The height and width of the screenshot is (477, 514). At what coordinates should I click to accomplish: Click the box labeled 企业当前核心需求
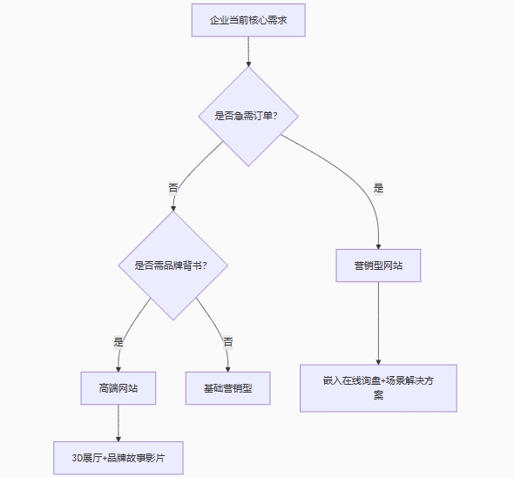point(248,20)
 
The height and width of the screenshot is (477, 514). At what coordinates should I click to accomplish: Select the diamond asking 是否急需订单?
point(248,117)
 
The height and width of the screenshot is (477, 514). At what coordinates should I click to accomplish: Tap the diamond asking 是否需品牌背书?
point(173,265)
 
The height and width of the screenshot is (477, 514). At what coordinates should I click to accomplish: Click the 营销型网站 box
point(378,265)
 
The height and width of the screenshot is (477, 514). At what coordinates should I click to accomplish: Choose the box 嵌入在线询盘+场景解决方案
point(378,388)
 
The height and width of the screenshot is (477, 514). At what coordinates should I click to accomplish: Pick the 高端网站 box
point(118,388)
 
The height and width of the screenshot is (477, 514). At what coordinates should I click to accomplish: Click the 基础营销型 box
point(228,388)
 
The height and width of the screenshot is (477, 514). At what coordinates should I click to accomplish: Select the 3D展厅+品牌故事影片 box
point(118,458)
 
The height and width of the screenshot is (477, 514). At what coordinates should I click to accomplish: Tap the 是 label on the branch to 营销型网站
point(378,188)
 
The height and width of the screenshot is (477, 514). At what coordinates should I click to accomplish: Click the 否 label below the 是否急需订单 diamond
point(173,188)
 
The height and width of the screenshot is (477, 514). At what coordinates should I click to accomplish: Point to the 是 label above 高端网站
point(118,342)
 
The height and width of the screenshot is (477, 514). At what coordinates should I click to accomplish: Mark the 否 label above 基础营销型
point(228,342)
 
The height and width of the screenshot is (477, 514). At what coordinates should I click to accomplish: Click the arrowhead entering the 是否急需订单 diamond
point(248,64)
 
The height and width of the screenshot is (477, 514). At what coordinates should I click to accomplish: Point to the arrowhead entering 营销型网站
point(378,246)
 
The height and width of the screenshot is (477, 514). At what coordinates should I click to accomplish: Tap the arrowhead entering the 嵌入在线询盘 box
point(378,361)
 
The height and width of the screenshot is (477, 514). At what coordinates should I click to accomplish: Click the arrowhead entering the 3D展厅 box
point(118,439)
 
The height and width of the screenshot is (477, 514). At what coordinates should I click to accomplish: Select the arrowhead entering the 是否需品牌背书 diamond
point(173,208)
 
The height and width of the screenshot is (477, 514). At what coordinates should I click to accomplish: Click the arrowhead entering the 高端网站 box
point(118,368)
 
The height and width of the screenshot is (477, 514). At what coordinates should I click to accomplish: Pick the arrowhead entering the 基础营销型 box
point(228,368)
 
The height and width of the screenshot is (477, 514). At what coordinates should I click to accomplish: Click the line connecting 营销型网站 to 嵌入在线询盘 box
point(378,323)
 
